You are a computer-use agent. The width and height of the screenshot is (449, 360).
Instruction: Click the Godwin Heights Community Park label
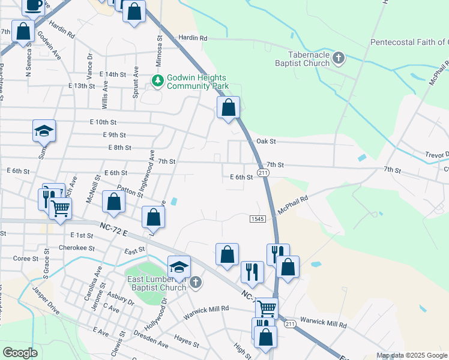point(197,82)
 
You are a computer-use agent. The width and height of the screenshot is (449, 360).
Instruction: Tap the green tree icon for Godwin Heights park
point(158,80)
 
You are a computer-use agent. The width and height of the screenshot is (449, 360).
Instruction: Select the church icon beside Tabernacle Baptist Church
point(338,58)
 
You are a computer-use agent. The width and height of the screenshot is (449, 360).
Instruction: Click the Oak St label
point(266,142)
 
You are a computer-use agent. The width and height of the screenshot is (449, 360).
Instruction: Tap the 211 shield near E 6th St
point(262,173)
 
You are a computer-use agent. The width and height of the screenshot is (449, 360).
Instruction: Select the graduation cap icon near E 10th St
point(44,131)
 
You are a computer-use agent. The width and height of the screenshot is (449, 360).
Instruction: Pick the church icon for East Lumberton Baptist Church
point(195,282)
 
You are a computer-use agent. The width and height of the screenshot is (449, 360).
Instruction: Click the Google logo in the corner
point(20,352)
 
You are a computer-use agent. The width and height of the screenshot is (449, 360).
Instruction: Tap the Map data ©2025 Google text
point(412,355)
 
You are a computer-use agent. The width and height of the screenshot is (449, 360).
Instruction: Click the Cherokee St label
point(77,248)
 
